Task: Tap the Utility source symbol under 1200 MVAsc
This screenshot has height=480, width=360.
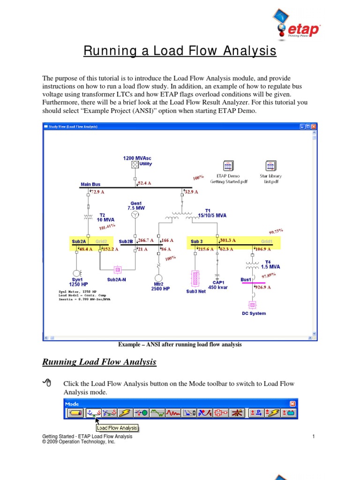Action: click(x=135, y=165)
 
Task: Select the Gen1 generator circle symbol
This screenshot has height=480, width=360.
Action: click(x=135, y=215)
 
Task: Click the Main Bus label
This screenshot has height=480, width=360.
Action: click(x=90, y=184)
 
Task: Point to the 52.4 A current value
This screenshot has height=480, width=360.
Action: click(x=144, y=183)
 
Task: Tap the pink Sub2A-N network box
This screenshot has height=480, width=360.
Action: click(x=118, y=270)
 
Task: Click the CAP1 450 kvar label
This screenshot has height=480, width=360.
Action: click(x=218, y=285)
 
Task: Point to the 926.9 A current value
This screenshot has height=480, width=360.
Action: click(x=263, y=287)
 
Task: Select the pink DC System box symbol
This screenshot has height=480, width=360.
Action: click(x=253, y=304)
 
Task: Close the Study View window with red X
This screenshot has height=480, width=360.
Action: click(x=314, y=127)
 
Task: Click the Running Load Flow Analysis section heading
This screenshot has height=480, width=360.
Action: click(x=99, y=362)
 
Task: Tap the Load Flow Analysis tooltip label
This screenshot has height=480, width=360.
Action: click(x=117, y=427)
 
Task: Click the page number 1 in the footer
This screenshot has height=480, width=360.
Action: click(x=312, y=436)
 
